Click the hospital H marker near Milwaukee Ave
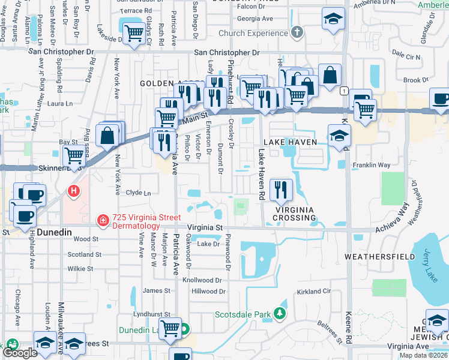coord(73,192)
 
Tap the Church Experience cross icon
coord(296,32)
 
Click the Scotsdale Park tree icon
coord(279,313)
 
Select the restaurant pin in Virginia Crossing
coord(282,190)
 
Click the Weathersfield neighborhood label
coord(379,257)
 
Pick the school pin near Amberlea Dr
coord(333,19)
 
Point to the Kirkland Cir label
coord(313,292)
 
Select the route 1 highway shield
coord(343,91)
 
